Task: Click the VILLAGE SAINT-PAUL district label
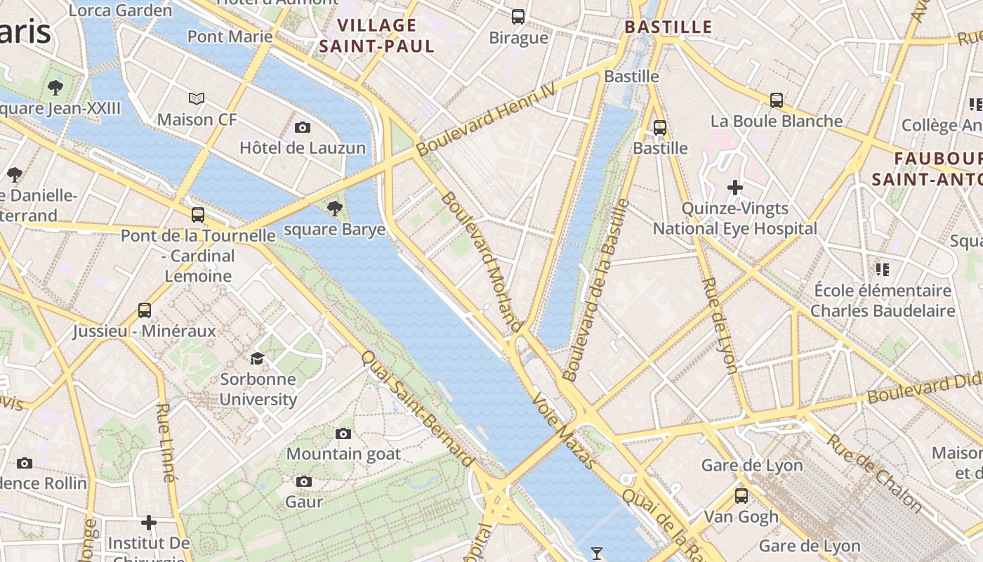[377, 36]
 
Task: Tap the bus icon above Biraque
[518, 16]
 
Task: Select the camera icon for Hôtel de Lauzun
[303, 127]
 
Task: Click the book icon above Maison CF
[197, 99]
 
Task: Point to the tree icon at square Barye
[335, 208]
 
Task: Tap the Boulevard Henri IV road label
[485, 119]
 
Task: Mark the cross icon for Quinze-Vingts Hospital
[735, 188]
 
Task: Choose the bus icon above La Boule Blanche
[777, 100]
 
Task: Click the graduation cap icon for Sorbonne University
[258, 358]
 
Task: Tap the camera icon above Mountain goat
[343, 433]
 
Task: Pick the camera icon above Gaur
[304, 481]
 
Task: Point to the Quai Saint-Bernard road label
[417, 408]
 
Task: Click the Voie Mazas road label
[565, 431]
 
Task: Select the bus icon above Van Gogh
[741, 496]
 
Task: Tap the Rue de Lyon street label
[720, 325]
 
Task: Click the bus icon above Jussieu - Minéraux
[145, 310]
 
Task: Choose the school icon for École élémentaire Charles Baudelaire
[883, 270]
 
